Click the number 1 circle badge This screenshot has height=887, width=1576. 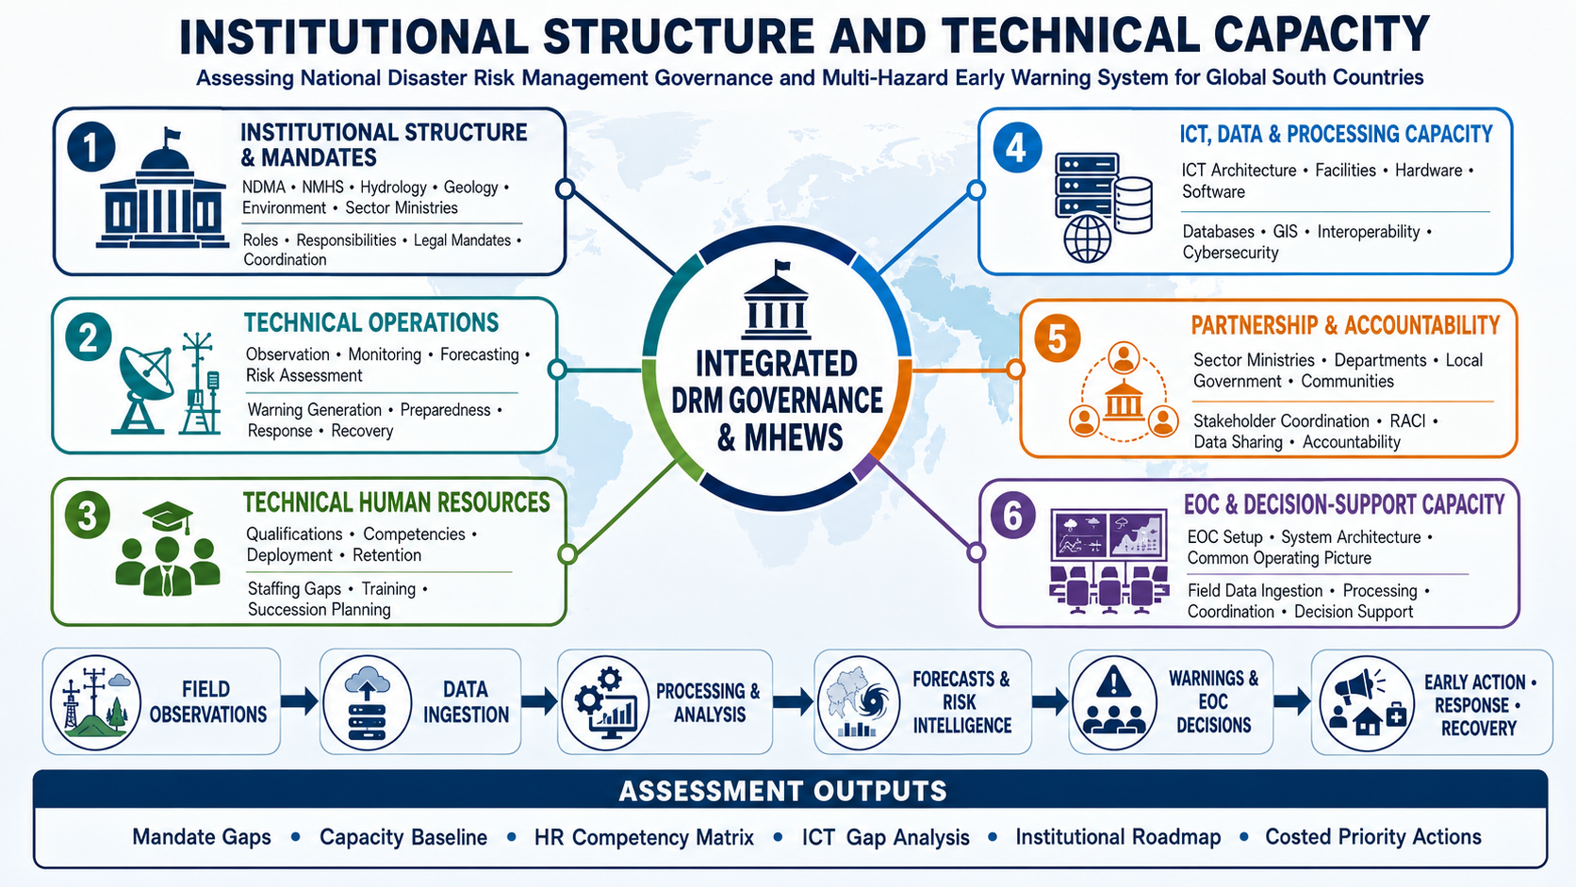tap(91, 147)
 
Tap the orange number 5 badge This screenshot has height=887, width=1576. tap(1057, 338)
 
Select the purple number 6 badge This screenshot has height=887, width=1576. tap(1012, 516)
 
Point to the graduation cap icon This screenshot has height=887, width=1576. tap(168, 517)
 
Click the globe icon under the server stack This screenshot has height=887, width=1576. tap(1087, 239)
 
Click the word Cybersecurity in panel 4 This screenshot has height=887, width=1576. tap(1230, 253)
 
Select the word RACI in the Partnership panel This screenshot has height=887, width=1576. tap(1407, 420)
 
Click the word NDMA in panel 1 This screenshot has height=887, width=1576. tap(264, 187)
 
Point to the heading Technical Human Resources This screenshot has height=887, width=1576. tap(396, 502)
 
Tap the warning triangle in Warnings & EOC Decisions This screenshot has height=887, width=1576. tap(1113, 682)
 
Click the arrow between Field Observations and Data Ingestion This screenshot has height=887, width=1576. tap(299, 700)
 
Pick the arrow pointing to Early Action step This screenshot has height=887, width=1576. tap(1291, 700)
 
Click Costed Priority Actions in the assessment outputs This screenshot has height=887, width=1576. tap(1373, 836)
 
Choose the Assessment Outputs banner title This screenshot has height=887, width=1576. tap(782, 792)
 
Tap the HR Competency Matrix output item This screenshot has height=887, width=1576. tap(644, 837)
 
